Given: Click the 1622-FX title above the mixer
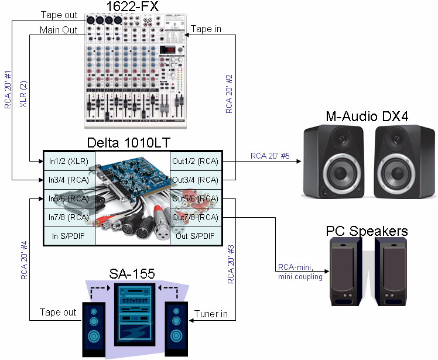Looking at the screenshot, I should [x=132, y=7].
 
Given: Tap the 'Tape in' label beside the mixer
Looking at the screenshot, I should [x=206, y=29].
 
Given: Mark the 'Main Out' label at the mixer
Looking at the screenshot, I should [x=59, y=30].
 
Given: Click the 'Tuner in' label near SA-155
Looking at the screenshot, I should [x=211, y=314].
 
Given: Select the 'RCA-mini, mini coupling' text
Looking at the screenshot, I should [x=299, y=273].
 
